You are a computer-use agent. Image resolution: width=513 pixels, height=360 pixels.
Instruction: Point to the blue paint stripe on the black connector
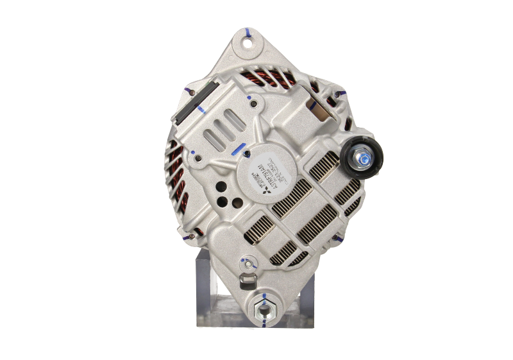(x=203, y=109)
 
